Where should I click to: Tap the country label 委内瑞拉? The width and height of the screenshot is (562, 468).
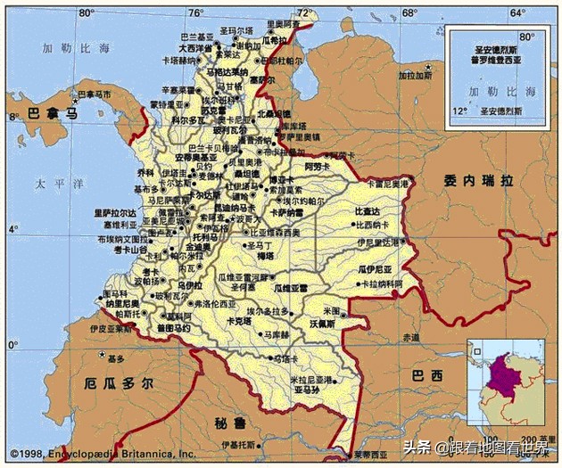coord(478,180)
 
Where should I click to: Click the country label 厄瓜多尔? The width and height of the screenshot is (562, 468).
coord(119,383)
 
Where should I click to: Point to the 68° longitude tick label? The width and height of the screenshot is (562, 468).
coord(409,13)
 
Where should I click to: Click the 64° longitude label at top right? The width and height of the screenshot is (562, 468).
coord(517,13)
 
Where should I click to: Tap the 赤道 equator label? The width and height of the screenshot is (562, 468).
coord(409,338)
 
